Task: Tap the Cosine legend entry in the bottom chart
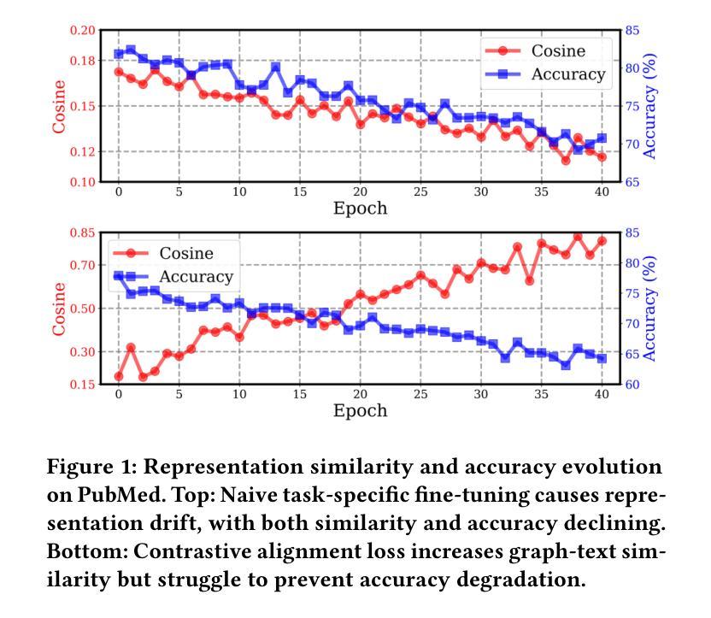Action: (185, 254)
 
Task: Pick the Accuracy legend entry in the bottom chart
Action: (196, 277)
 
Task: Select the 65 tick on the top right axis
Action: (632, 182)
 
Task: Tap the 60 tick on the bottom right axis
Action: (632, 385)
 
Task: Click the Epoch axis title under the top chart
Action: (360, 209)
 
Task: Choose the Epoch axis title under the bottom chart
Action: (360, 411)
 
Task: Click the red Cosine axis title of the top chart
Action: (59, 107)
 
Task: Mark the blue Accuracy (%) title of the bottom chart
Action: (650, 309)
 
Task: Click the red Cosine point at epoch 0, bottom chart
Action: (118, 376)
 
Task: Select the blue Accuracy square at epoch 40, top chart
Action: (602, 138)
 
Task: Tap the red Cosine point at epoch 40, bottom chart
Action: (602, 241)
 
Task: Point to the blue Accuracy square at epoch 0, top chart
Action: (119, 54)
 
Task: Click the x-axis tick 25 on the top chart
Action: (420, 191)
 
